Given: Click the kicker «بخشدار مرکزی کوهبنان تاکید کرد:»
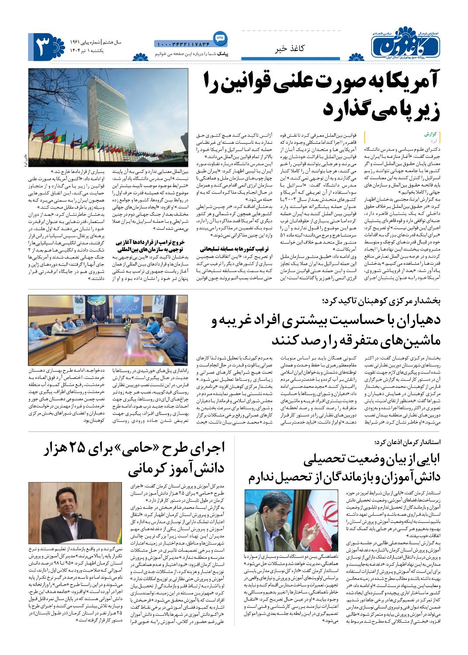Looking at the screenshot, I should pyautogui.click(x=381, y=301).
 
